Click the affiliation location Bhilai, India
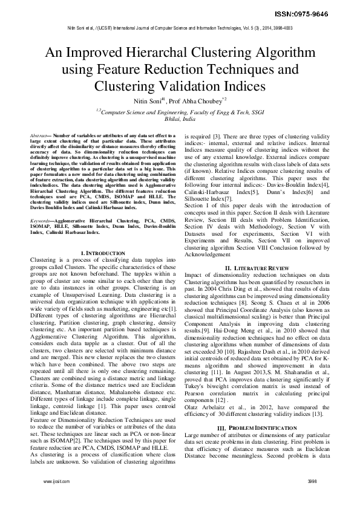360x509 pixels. [x=180, y=119]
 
